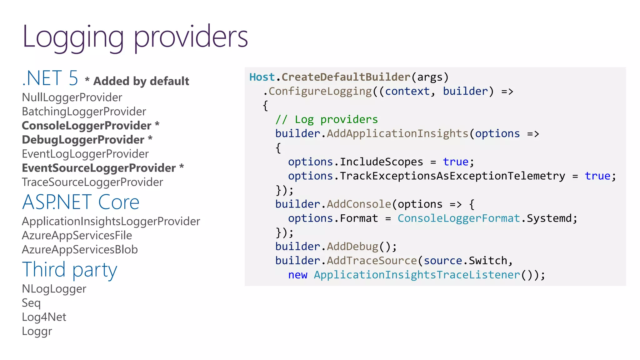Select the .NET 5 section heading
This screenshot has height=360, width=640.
click(x=50, y=78)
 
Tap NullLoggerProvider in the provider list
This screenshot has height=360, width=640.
click(x=72, y=97)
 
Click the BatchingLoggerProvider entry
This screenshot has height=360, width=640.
click(x=84, y=112)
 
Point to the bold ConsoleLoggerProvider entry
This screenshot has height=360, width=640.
click(x=87, y=126)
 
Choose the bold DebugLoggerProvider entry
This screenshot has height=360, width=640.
click(x=83, y=140)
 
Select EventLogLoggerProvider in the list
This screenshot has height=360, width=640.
click(x=85, y=154)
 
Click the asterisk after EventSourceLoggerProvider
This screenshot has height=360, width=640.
click(x=182, y=167)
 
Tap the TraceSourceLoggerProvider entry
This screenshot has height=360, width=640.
click(x=92, y=182)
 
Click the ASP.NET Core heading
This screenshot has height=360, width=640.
click(x=81, y=202)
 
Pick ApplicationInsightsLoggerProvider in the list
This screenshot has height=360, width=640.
click(x=111, y=221)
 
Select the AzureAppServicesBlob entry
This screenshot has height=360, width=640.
click(x=80, y=250)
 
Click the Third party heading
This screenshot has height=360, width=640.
click(x=69, y=270)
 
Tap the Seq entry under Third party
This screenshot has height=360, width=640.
click(x=31, y=303)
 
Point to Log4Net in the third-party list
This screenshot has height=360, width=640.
click(x=44, y=317)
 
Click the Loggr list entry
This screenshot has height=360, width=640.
click(x=37, y=331)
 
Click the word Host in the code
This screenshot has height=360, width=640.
click(x=262, y=77)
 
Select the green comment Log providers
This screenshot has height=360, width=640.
click(x=327, y=119)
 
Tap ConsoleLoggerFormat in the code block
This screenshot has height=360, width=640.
click(x=459, y=218)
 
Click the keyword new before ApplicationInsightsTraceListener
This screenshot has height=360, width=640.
click(x=297, y=275)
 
